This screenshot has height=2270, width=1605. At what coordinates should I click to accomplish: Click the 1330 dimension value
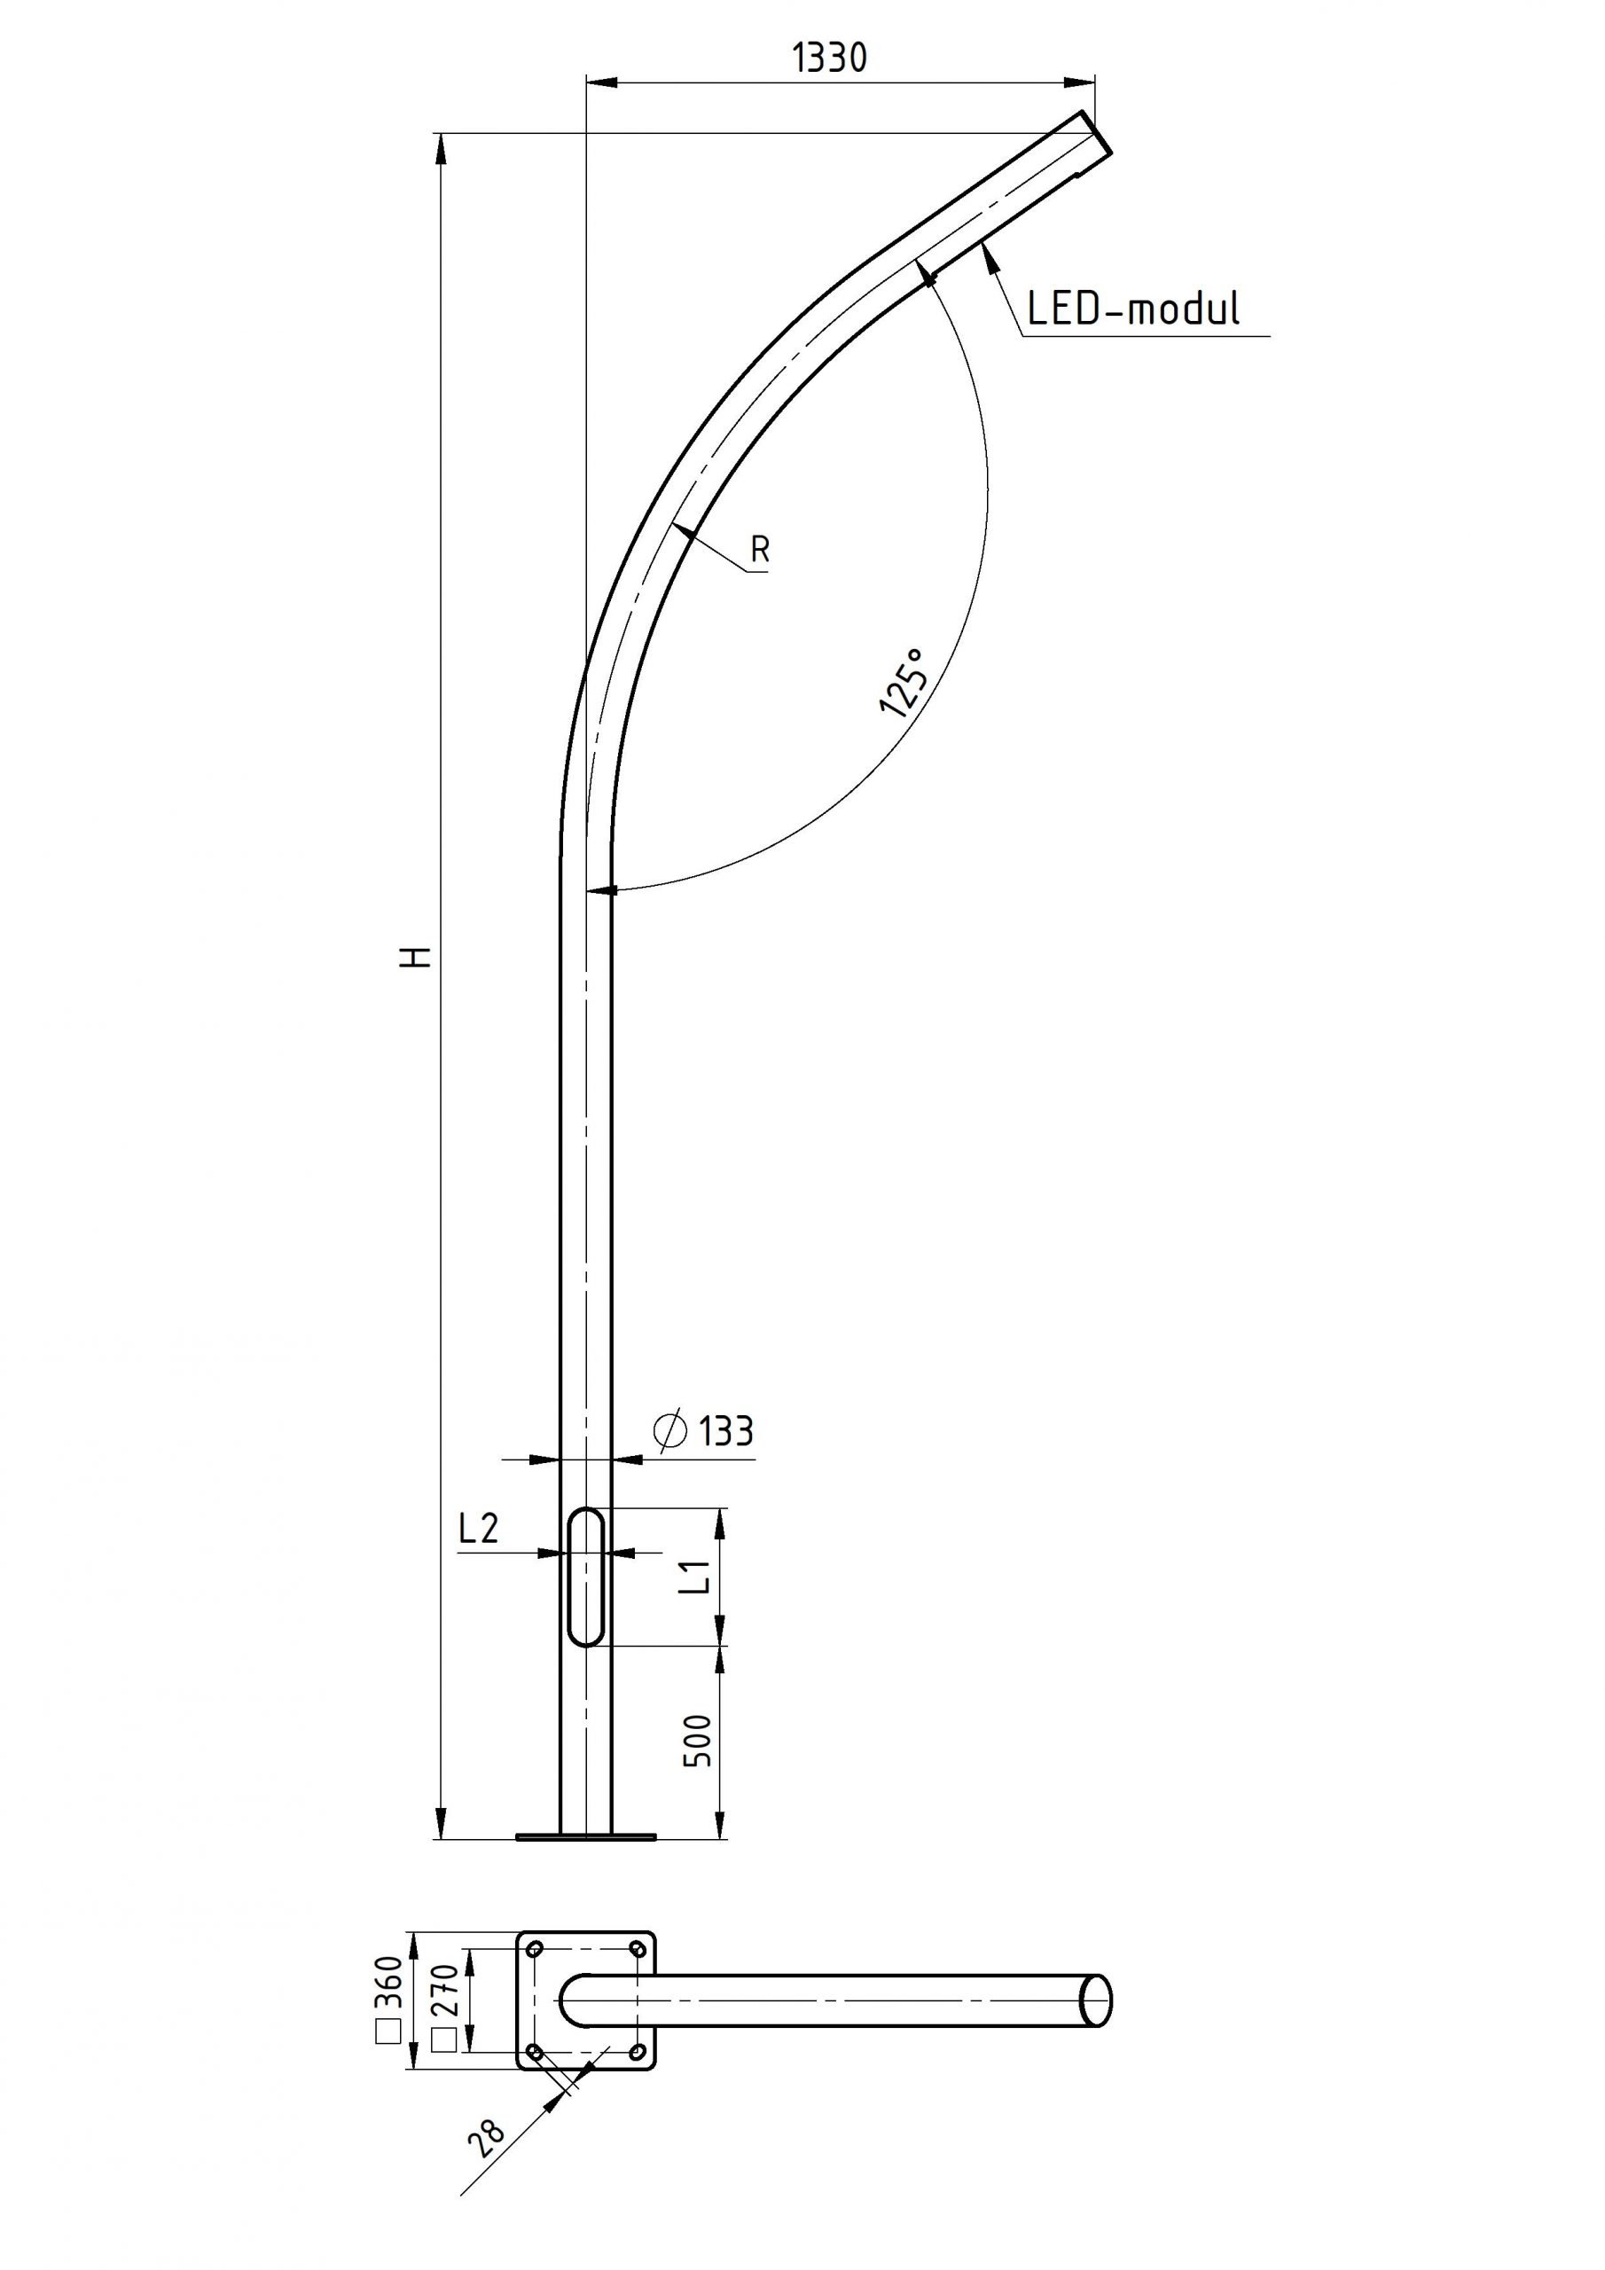[830, 59]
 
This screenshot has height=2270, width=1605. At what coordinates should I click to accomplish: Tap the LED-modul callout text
[1133, 309]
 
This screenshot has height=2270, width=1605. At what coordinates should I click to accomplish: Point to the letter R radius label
[759, 550]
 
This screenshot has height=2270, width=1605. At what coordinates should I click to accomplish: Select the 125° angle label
[902, 681]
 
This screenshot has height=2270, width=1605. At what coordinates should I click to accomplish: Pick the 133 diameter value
[726, 1430]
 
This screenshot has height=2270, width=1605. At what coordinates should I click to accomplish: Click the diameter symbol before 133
[670, 1430]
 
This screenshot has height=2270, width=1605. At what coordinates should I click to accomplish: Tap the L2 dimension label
[479, 1529]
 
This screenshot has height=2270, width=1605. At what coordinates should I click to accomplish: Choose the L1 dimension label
[696, 1576]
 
